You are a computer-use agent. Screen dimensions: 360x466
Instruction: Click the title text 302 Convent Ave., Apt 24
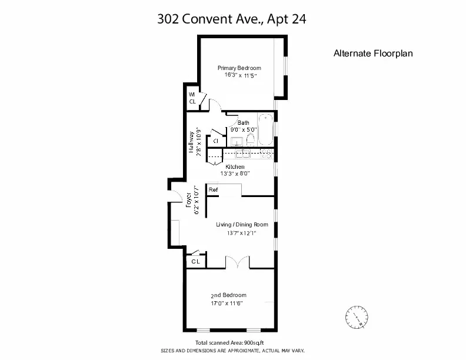232,19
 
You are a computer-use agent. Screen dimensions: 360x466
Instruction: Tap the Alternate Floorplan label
373,53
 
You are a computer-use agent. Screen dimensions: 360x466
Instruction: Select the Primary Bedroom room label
239,68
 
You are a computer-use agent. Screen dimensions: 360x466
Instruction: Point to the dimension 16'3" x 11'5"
239,75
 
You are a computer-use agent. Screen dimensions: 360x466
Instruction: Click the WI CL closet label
192,98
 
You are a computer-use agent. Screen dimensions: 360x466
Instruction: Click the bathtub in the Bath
265,129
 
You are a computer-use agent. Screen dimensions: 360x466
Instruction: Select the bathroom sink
237,141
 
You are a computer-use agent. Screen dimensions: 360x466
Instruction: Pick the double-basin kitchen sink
244,154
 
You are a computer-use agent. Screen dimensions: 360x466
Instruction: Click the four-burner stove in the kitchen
266,154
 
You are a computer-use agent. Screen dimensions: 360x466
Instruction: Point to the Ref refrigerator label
213,189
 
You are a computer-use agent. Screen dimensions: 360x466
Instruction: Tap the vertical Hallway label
191,142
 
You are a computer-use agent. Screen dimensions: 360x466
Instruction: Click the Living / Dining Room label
242,224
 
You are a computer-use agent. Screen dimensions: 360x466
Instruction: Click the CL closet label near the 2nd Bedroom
195,261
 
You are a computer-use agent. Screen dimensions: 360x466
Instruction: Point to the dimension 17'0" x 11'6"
228,303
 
